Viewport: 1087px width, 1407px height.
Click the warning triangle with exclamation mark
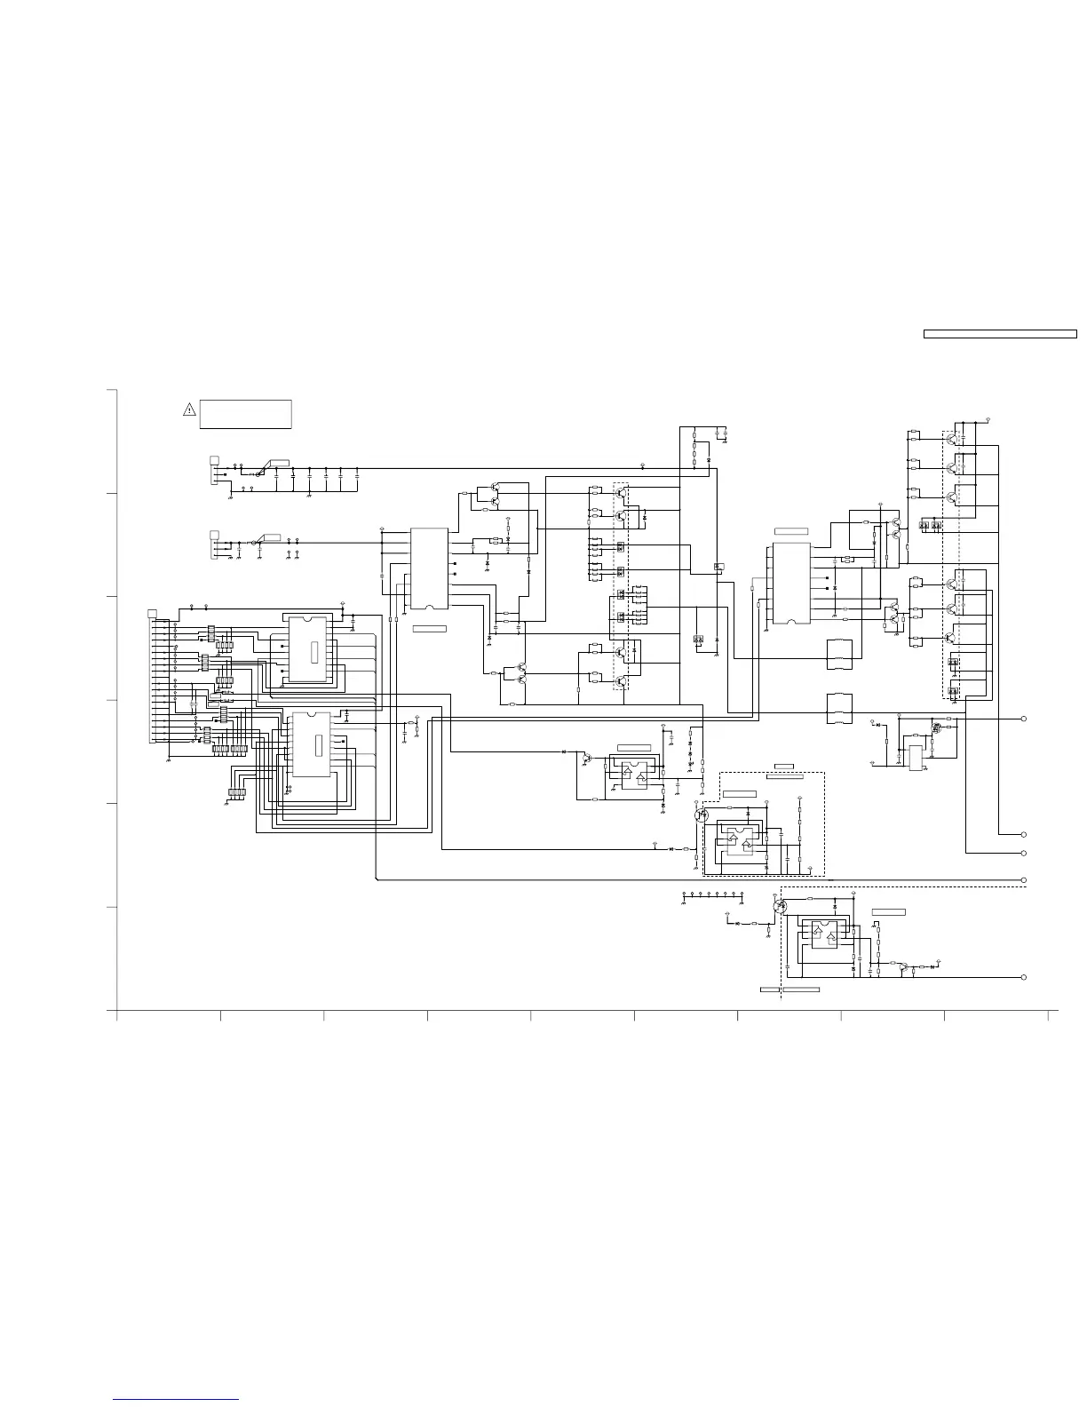[189, 409]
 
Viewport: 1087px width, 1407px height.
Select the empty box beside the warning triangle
[246, 414]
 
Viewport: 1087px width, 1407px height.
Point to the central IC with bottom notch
[429, 568]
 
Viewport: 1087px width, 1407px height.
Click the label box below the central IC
[430, 628]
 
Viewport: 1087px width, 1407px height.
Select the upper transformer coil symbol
[840, 655]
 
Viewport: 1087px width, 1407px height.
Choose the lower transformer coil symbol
[840, 710]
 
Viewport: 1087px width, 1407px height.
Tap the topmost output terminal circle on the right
[1024, 719]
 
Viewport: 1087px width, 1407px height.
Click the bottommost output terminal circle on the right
[1024, 977]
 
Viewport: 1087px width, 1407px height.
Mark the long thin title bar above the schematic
[1000, 334]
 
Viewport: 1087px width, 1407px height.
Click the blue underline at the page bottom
[177, 1400]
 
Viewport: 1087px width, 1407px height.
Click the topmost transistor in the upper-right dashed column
[953, 438]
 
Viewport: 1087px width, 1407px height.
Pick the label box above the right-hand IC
[791, 531]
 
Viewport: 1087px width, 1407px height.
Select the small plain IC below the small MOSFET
[916, 758]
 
